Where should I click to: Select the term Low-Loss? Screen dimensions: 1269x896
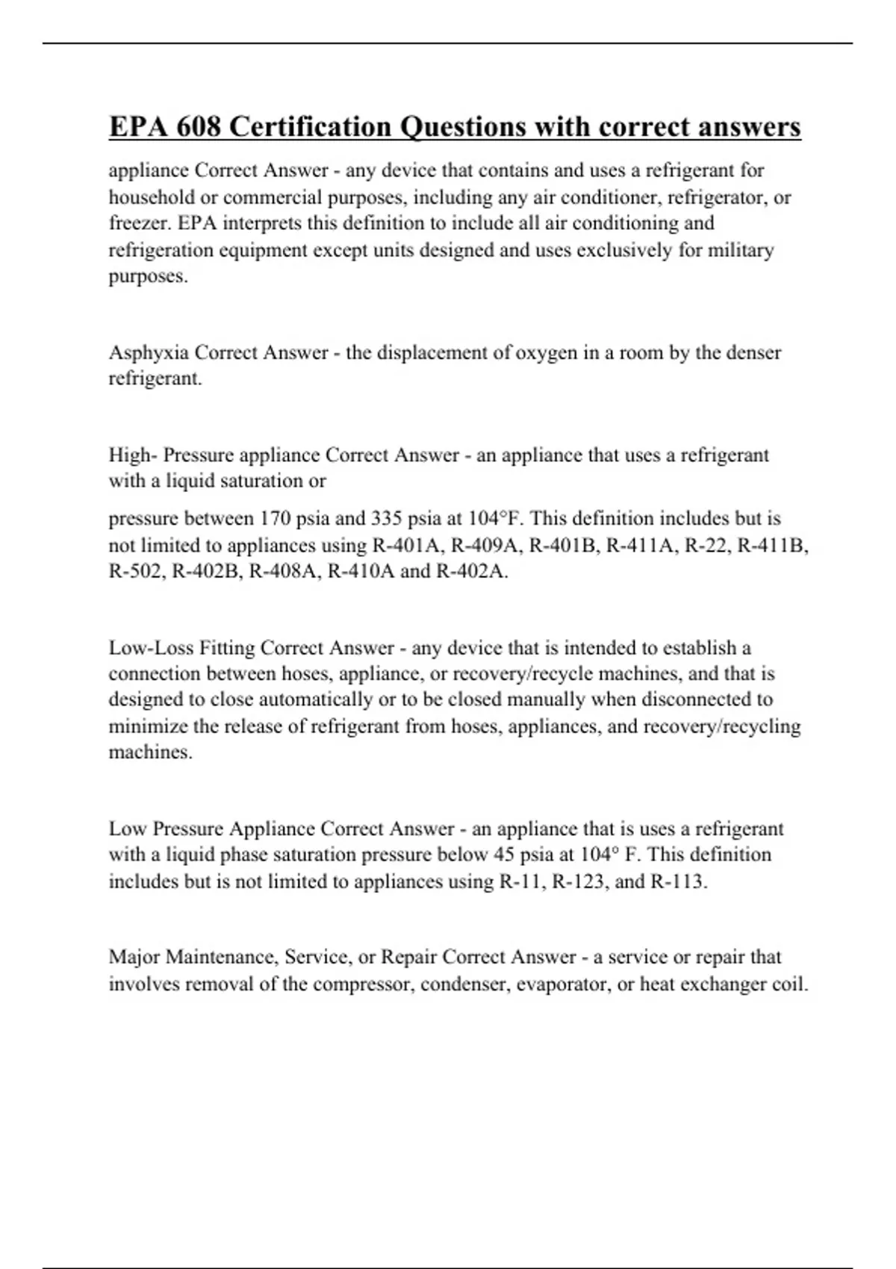[151, 648]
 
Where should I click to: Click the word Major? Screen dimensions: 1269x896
[134, 958]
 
